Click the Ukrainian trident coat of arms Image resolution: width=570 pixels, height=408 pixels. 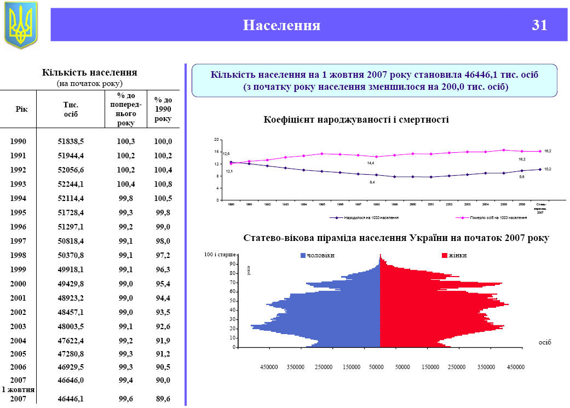click(21, 25)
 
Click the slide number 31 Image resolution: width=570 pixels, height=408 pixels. click(539, 25)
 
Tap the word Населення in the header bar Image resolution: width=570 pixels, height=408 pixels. click(281, 25)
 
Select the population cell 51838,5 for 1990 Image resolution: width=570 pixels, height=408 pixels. click(71, 141)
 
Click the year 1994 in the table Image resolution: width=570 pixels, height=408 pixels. click(18, 198)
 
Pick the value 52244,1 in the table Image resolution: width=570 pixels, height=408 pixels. click(71, 184)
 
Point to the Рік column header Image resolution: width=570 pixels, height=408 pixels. click(22, 108)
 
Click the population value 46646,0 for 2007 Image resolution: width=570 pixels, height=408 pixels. click(71, 380)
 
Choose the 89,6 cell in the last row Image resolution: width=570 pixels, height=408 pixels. click(163, 399)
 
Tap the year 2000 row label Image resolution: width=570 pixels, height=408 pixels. click(18, 284)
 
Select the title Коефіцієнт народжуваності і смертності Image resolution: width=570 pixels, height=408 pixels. click(356, 119)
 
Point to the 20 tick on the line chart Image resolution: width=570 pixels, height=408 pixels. click(216, 140)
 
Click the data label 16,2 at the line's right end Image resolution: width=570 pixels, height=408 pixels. click(548, 151)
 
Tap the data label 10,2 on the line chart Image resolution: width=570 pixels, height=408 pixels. click(548, 169)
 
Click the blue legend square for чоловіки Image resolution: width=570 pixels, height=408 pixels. click(303, 256)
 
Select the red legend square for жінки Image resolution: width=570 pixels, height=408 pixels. click(445, 256)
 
